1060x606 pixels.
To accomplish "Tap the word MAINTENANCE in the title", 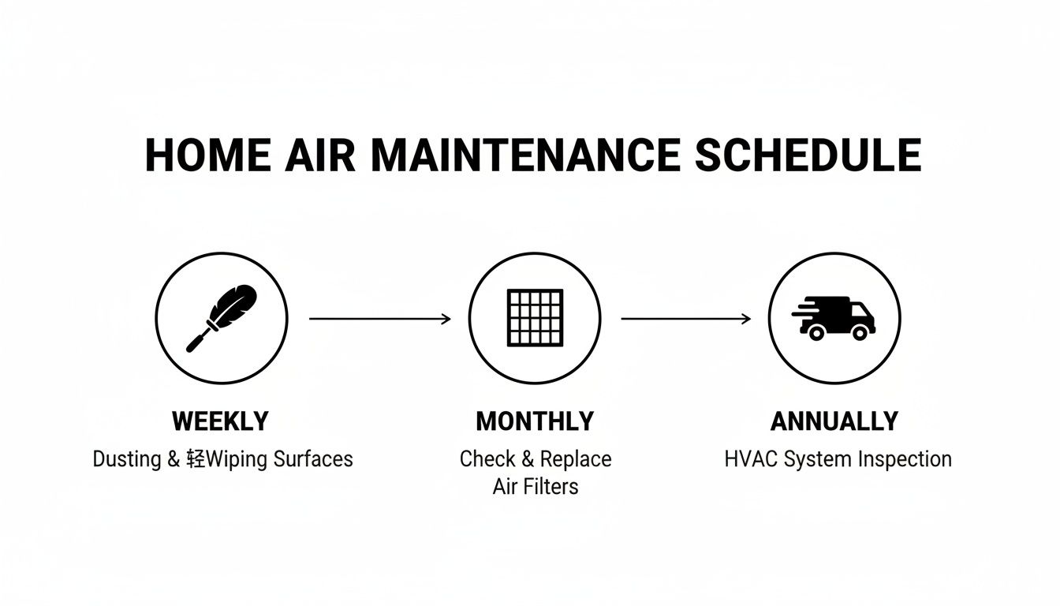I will pyautogui.click(x=524, y=155).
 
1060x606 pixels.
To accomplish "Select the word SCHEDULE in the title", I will pyautogui.click(x=808, y=155).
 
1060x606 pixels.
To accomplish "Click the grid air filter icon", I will pyautogui.click(x=536, y=317).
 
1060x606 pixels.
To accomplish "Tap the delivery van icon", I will pyautogui.click(x=834, y=318).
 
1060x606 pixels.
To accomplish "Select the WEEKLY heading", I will pyautogui.click(x=220, y=421).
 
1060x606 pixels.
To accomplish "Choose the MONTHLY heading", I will pyautogui.click(x=535, y=421).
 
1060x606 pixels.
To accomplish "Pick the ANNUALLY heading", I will pyautogui.click(x=834, y=421).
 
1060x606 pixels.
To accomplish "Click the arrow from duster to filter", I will pyautogui.click(x=380, y=319).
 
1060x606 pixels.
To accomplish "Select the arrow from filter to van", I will pyautogui.click(x=686, y=319).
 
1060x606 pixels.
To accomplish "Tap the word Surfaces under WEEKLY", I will pyautogui.click(x=313, y=459).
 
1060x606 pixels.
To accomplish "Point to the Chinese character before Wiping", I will pyautogui.click(x=196, y=459).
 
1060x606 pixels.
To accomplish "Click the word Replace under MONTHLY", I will pyautogui.click(x=576, y=459).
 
